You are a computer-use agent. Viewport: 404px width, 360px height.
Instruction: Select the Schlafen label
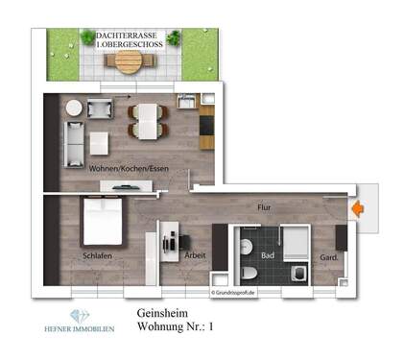99,255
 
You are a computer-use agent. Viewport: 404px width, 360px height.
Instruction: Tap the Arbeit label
197,256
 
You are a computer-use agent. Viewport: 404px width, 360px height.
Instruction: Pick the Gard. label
328,256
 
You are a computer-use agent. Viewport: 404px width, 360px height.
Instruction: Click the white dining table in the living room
147,119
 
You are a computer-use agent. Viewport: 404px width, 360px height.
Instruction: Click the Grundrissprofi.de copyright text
233,292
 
